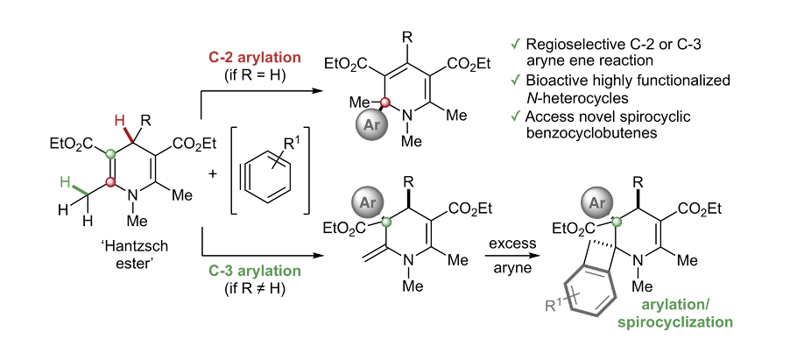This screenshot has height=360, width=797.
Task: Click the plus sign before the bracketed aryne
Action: [x=214, y=174]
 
